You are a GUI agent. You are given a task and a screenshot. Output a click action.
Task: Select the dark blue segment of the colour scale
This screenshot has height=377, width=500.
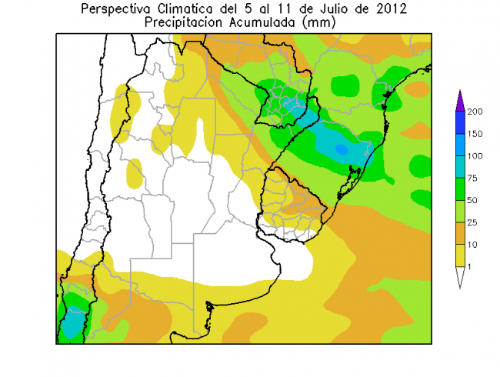tap(459, 123)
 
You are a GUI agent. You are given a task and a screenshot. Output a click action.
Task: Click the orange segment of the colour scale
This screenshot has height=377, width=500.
tap(459, 234)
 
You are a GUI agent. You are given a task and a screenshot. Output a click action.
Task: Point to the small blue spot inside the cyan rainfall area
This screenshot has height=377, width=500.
tap(341, 148)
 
